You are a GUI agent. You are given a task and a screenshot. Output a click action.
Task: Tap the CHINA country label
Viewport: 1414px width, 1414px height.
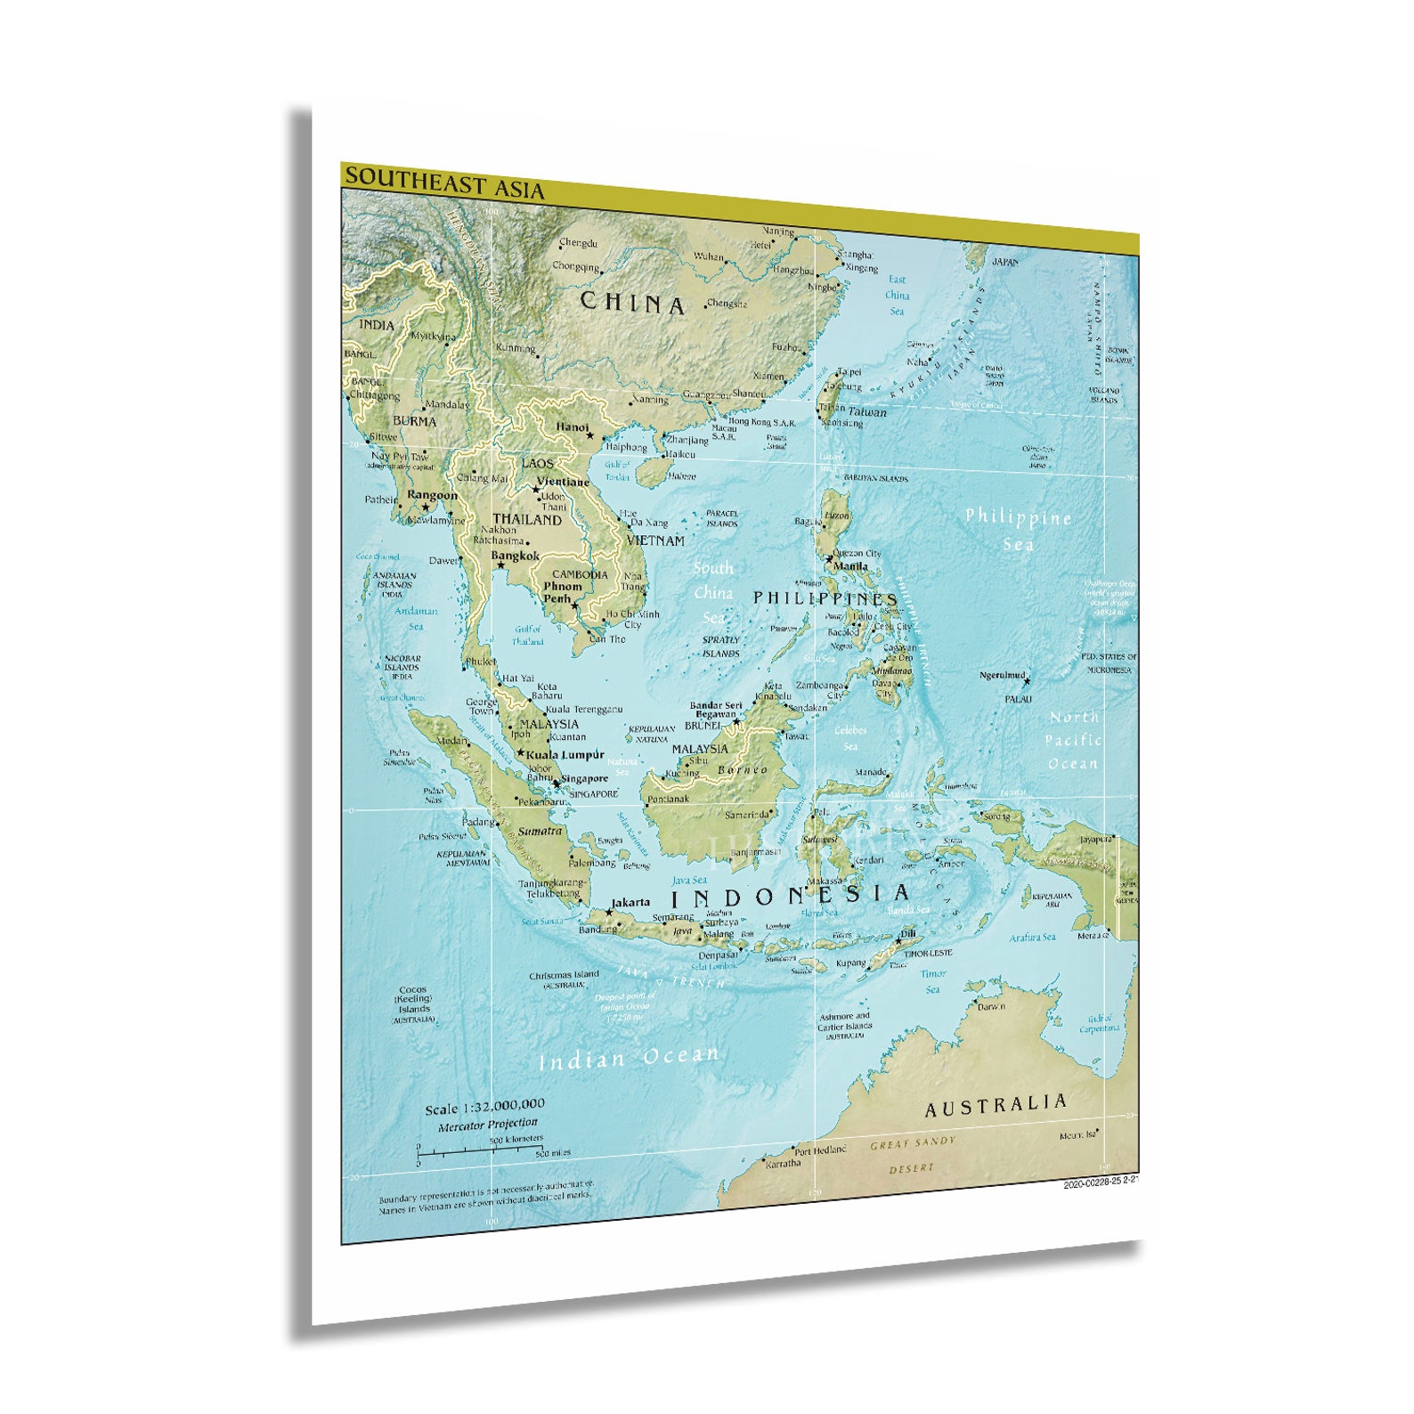pos(632,303)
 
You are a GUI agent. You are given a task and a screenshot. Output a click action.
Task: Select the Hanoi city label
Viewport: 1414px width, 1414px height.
pos(573,427)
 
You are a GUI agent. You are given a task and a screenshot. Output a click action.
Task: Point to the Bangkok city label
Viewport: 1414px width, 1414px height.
pos(516,556)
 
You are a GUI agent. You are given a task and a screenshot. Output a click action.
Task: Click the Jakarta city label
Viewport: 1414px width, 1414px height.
pos(630,902)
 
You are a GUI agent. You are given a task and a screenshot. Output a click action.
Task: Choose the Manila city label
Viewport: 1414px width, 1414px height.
pos(850,566)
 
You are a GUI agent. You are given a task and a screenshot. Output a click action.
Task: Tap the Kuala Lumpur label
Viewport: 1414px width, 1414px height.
pos(565,754)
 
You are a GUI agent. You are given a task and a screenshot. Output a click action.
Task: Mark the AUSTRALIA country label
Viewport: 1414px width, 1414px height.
pos(995,1106)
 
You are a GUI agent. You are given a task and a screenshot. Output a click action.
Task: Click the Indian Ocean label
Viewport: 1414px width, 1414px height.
pos(628,1058)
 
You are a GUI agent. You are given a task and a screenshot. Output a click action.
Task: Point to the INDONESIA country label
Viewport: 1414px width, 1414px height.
pos(790,895)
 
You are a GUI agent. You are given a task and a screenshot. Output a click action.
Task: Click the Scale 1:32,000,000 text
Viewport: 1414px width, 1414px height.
pos(484,1107)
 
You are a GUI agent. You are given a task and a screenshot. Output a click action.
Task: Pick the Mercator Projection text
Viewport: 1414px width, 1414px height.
pos(488,1125)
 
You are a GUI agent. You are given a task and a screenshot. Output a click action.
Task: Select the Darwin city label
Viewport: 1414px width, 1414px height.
pos(991,1006)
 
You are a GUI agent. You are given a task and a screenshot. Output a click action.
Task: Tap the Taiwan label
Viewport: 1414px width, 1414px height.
pos(866,412)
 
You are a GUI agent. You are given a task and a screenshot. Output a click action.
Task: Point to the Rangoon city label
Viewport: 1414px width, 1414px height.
pos(432,495)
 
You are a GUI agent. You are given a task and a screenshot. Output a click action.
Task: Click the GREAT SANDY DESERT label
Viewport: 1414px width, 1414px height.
pos(913,1154)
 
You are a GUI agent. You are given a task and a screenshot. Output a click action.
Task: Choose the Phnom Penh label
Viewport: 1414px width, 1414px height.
pos(563,592)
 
